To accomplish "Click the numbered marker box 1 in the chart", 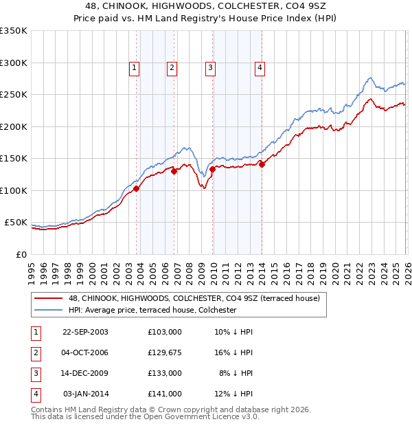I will point(133,67).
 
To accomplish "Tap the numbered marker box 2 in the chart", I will point(171,67).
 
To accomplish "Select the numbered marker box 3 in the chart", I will point(209,67).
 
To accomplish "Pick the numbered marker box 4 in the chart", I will point(260,67).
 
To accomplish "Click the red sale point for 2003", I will point(137,188).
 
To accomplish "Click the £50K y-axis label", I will point(16,223).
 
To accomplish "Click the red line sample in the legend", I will point(49,298).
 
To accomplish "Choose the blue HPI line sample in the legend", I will point(49,310).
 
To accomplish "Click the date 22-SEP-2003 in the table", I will point(85,331).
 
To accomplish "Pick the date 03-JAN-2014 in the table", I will point(85,394).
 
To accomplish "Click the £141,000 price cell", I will point(164,394).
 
